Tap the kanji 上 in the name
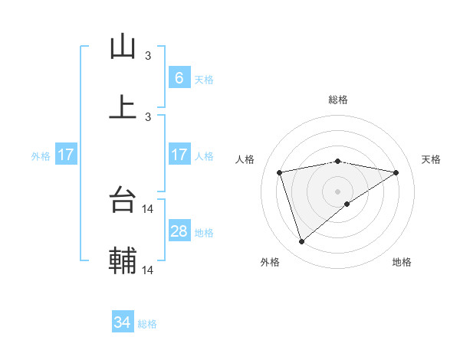pyautogui.click(x=123, y=106)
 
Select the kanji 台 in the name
pyautogui.click(x=123, y=201)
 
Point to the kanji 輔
pyautogui.click(x=123, y=260)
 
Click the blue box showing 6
pyautogui.click(x=179, y=77)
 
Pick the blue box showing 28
pyautogui.click(x=179, y=231)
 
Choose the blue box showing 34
pyautogui.click(x=123, y=322)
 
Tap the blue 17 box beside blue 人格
pyautogui.click(x=179, y=155)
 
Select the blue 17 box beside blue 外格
pyautogui.click(x=66, y=155)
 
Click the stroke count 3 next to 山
pyautogui.click(x=148, y=56)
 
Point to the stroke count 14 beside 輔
pyautogui.click(x=149, y=270)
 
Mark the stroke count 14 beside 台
pyautogui.click(x=149, y=208)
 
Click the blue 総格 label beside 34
pyautogui.click(x=147, y=324)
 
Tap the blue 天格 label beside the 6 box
pyautogui.click(x=203, y=79)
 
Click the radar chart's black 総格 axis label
pyautogui.click(x=338, y=100)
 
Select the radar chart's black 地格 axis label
pyautogui.click(x=402, y=262)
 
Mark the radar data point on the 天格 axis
pyautogui.click(x=396, y=172)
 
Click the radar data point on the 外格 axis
pyautogui.click(x=301, y=242)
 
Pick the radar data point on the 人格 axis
pyautogui.click(x=280, y=172)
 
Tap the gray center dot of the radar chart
pyautogui.click(x=338, y=191)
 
